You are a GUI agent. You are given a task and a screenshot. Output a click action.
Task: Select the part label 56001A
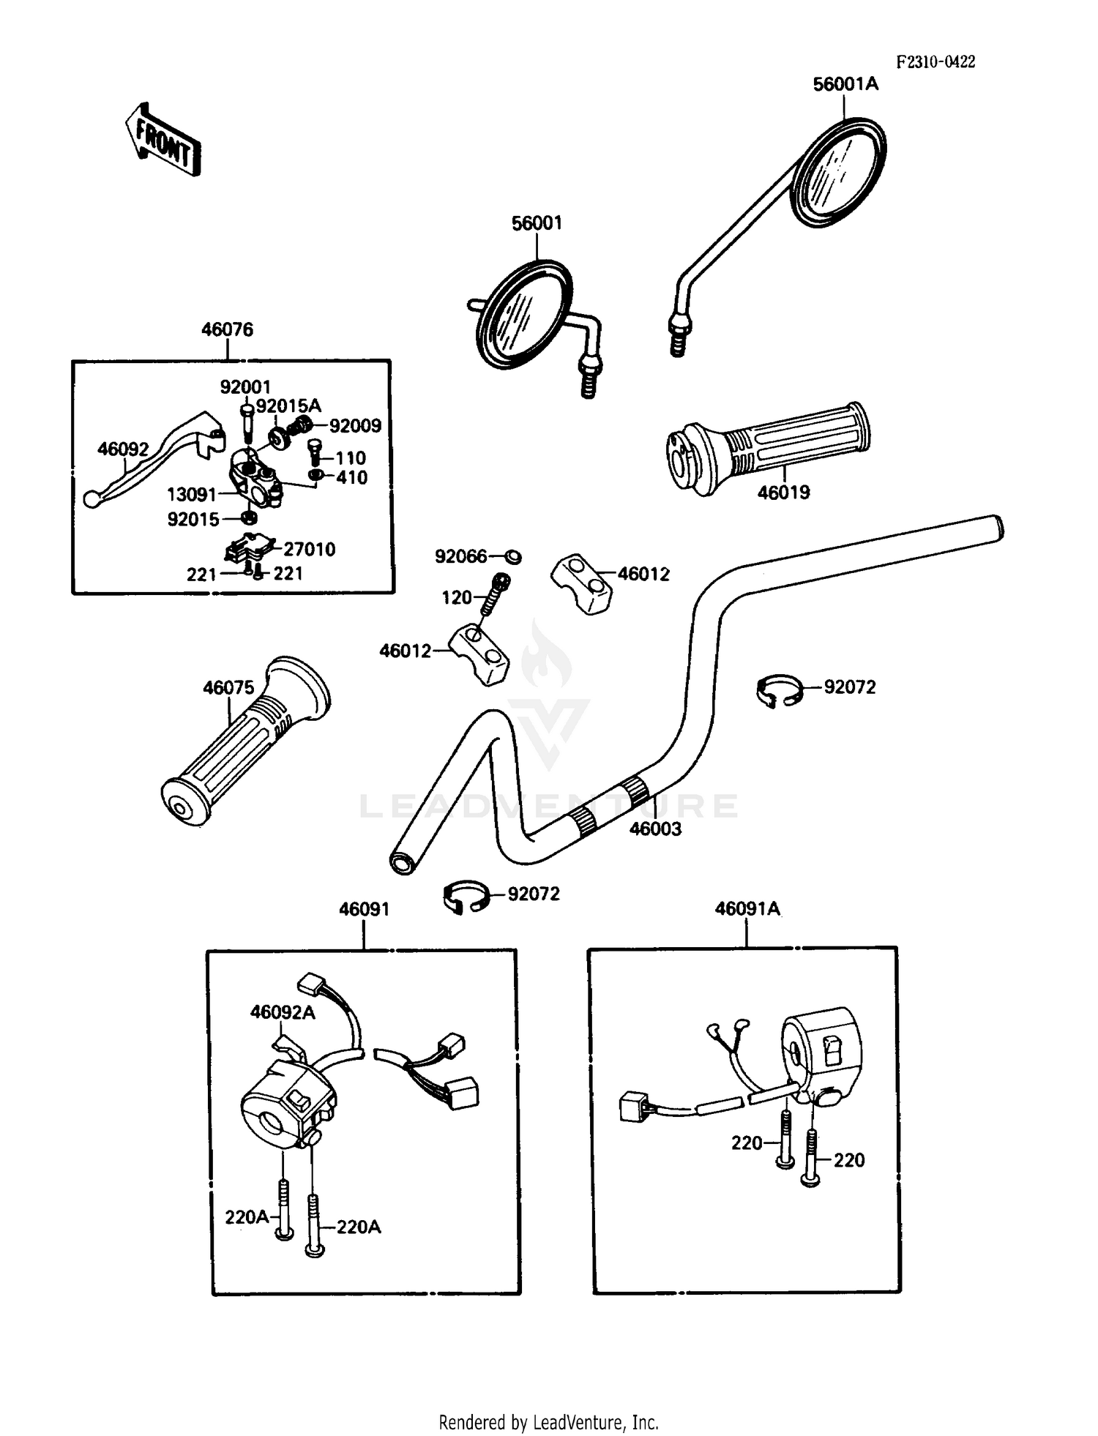click(845, 84)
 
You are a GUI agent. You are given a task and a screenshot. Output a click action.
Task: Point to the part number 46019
click(783, 493)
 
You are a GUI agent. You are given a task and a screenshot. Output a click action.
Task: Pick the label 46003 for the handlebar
click(655, 829)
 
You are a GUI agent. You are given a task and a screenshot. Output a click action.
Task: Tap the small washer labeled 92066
click(514, 557)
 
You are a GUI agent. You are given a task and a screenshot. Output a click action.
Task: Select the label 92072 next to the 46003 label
click(849, 687)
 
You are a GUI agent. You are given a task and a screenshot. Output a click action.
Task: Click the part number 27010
click(309, 549)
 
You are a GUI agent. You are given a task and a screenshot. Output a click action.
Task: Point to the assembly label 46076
click(227, 329)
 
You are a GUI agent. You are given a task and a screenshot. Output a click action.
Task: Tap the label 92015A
click(288, 405)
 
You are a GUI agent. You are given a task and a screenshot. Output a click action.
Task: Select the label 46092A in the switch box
click(283, 1012)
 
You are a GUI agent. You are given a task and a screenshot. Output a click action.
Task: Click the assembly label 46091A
click(747, 909)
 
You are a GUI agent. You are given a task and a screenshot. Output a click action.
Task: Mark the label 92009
click(355, 426)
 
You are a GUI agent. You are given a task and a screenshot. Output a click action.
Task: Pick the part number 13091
click(192, 495)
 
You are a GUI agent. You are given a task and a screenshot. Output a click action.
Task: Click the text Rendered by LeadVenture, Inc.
click(548, 1422)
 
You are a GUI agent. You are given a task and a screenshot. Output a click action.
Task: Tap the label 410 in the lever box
click(351, 477)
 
